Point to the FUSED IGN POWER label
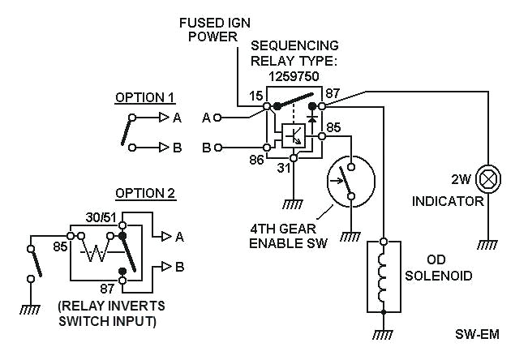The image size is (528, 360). pos(211,30)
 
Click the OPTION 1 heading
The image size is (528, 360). pos(145,98)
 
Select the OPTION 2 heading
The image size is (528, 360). pos(145,193)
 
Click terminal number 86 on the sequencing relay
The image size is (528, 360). pos(256,161)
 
